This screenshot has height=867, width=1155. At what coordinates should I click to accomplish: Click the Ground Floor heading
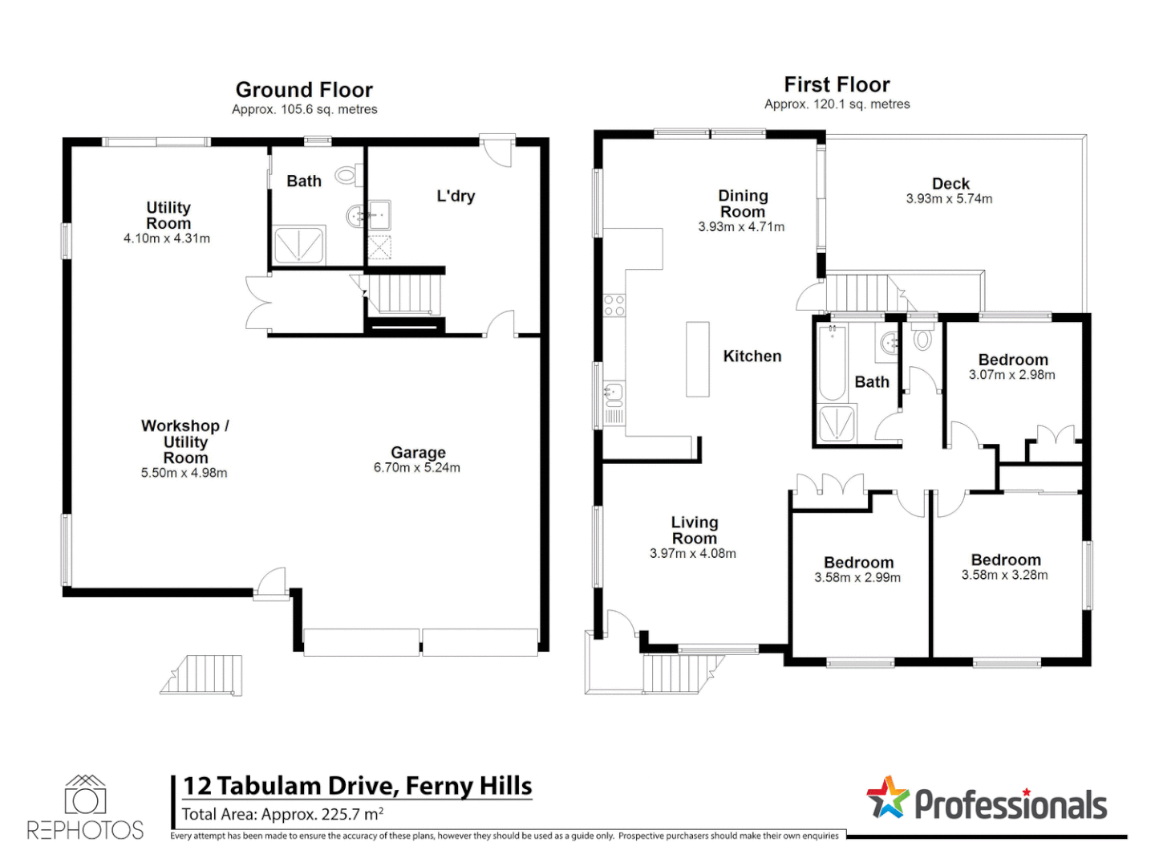click(304, 90)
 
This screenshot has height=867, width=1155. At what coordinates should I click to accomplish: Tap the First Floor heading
click(836, 85)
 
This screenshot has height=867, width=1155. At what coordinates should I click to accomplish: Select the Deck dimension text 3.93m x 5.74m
click(948, 199)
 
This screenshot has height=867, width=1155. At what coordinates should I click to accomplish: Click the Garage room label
click(418, 452)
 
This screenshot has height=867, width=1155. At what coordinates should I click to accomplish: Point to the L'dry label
click(455, 196)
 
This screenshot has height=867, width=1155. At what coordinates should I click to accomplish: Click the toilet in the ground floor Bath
click(349, 175)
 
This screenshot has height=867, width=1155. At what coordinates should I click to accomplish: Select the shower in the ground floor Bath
click(298, 246)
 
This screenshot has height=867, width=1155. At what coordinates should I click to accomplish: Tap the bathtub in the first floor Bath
click(831, 363)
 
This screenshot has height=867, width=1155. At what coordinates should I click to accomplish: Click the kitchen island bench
click(697, 359)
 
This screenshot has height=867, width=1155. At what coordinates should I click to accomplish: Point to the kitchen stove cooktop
click(614, 305)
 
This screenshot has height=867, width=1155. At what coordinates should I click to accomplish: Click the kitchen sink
click(614, 394)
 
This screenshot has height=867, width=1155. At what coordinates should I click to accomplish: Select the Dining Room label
click(742, 204)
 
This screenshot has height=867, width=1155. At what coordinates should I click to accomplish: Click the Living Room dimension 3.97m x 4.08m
click(692, 554)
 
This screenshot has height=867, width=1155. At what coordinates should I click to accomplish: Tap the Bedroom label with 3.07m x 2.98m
click(1012, 360)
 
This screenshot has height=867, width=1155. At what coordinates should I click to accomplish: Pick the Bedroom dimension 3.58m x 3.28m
click(1004, 575)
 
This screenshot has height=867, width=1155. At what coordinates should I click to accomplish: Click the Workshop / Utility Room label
click(184, 442)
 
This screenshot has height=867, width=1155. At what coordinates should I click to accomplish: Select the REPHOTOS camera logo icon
click(85, 794)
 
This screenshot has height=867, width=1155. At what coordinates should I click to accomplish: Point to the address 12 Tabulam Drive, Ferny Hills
click(357, 786)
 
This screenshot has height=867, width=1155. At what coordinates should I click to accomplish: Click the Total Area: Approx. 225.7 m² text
click(282, 814)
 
